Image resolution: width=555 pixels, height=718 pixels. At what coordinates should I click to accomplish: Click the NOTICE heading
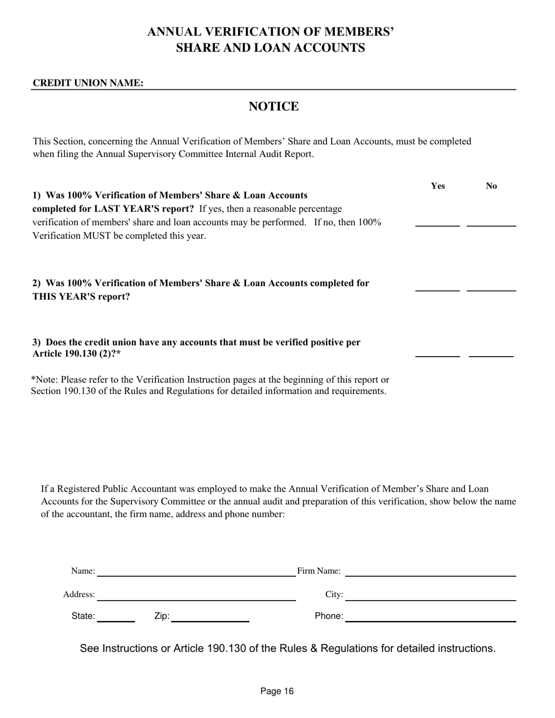(273, 106)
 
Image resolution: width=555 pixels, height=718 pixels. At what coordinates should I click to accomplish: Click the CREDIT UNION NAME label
(88, 83)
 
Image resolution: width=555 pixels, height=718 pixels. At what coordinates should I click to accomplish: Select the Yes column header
(438, 186)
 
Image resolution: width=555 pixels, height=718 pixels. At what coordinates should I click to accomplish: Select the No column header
(491, 186)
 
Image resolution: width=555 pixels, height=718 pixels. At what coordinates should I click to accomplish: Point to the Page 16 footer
(277, 692)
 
